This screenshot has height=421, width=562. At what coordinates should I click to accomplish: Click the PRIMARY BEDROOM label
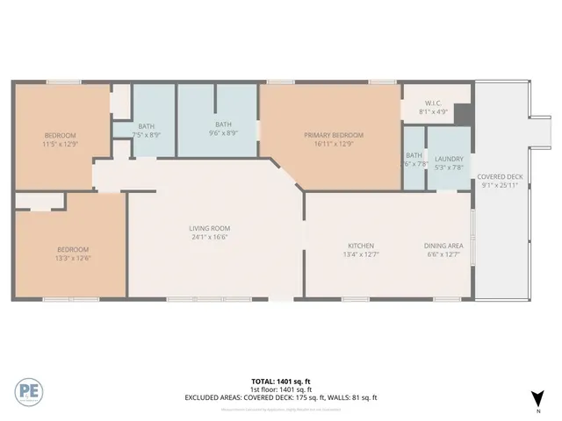[x=334, y=134]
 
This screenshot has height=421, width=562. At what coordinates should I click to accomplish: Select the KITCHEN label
[x=361, y=246]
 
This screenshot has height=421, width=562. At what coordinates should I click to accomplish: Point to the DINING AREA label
[x=443, y=246]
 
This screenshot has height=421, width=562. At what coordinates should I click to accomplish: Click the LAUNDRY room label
[x=448, y=159]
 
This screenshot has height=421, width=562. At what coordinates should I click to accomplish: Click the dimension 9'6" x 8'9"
[x=223, y=132]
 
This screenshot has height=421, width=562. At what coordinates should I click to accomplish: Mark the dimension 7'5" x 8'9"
[x=146, y=134]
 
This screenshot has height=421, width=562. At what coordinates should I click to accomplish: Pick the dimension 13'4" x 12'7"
[x=361, y=254]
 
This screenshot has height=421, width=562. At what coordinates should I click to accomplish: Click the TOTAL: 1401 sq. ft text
[x=280, y=382]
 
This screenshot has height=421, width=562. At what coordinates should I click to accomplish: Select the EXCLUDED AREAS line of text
[x=280, y=397]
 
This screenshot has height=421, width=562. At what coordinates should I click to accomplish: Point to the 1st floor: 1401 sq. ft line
[x=280, y=389]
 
